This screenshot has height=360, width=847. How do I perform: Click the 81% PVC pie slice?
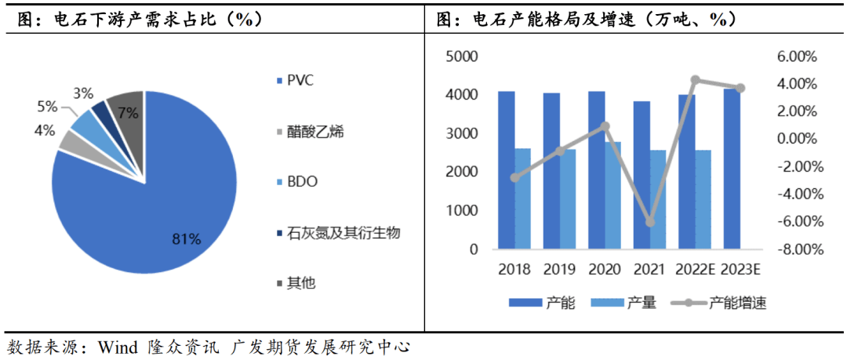(149, 212)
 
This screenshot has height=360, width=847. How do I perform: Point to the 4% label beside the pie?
(45, 130)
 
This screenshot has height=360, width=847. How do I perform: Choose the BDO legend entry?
(302, 182)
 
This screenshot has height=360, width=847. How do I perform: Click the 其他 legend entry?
(301, 283)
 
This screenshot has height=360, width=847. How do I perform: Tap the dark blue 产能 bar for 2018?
(507, 170)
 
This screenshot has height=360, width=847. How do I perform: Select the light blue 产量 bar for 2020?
(613, 195)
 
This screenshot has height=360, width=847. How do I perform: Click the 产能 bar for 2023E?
(732, 169)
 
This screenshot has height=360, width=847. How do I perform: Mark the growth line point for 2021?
(650, 223)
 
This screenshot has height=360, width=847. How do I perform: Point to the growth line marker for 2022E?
(695, 80)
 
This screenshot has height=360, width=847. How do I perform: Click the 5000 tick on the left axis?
(462, 56)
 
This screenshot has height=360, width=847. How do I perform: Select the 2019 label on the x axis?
(559, 270)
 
